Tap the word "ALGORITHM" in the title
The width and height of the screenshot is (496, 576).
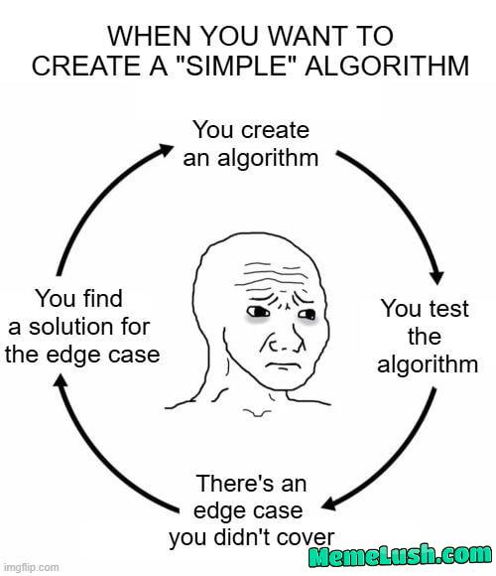click(387, 66)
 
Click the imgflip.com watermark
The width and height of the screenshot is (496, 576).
click(29, 567)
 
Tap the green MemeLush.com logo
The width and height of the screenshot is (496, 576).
click(400, 555)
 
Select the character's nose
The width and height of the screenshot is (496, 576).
click(285, 343)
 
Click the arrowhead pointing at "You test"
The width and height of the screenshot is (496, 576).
click(436, 278)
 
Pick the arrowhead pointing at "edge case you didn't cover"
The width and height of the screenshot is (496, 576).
click(328, 504)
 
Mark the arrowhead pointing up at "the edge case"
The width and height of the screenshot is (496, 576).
click(61, 380)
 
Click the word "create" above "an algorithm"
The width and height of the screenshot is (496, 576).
click(276, 130)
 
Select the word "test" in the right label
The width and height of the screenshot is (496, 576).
click(448, 309)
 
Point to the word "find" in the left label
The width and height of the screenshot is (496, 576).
click(101, 298)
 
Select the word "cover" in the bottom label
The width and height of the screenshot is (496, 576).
click(306, 538)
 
